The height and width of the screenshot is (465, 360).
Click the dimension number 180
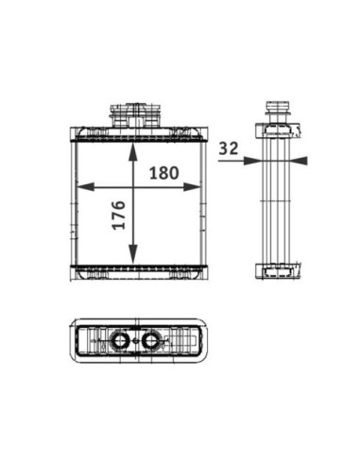pyautogui.click(x=163, y=173)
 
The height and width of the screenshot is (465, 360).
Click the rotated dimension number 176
pyautogui.click(x=119, y=215)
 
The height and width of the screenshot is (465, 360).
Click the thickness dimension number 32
pyautogui.click(x=229, y=148)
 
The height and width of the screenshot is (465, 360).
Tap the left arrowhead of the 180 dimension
pyautogui.click(x=86, y=187)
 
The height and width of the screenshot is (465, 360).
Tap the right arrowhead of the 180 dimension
pyautogui.click(x=192, y=187)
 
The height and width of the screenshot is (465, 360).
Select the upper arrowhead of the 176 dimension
pyautogui.click(x=133, y=152)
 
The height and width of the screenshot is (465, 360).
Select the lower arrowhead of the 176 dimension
pyautogui.click(x=133, y=254)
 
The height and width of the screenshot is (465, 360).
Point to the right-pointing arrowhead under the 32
pyautogui.click(x=252, y=161)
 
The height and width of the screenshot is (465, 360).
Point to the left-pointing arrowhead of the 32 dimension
pyautogui.click(x=299, y=161)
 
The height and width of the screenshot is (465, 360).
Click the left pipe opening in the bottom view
pyautogui.click(x=120, y=340)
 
